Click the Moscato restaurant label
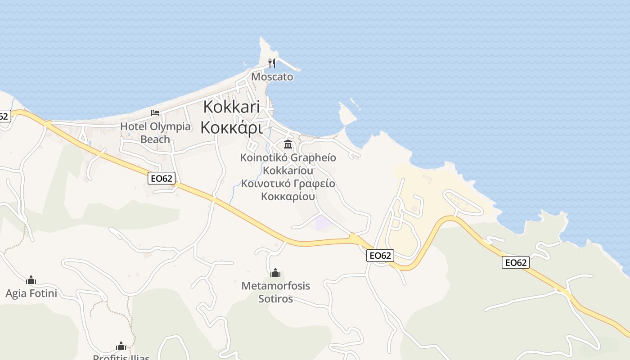272,76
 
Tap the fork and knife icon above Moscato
271,63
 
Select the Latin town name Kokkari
231,107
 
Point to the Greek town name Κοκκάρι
231,127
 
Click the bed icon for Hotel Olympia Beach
155,112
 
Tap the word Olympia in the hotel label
170,126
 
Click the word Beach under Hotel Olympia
155,139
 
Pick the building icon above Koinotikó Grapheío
288,144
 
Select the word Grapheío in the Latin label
313,158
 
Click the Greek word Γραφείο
314,184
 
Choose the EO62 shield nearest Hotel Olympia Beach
161,178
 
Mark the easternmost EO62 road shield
516,262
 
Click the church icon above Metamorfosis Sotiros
275,273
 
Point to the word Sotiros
275,299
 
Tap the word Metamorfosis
275,286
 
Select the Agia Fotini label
31,294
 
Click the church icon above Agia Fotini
31,280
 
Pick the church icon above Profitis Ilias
121,346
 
